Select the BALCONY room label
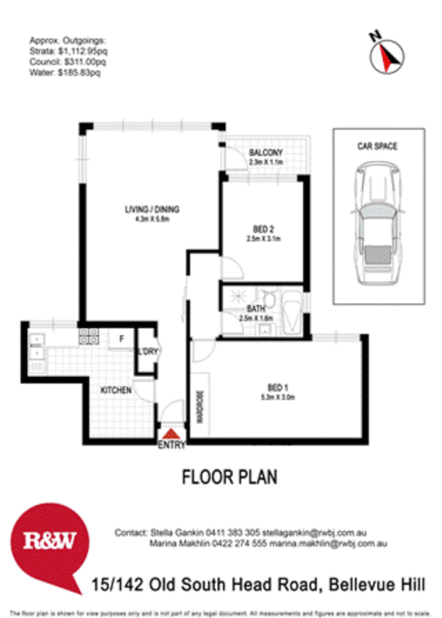tap(264, 153)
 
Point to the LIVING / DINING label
tap(152, 209)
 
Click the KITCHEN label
tap(116, 389)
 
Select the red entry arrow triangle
tap(171, 434)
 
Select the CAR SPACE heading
tap(377, 146)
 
